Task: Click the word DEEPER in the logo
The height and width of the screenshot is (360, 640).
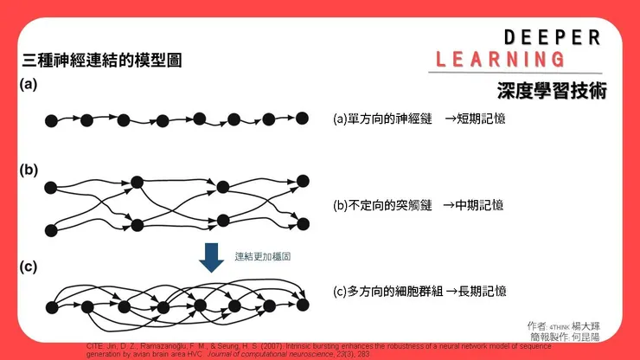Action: pos(552,37)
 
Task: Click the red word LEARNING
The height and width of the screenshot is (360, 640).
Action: pos(501,60)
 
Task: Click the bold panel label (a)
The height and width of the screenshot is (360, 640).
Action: pos(29,85)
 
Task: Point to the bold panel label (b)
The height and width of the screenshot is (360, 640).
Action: pos(29,170)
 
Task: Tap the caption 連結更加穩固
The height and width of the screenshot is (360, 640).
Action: pos(262,256)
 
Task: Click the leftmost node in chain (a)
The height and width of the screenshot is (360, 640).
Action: pos(50,119)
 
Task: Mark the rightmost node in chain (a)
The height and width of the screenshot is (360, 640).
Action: pos(303,118)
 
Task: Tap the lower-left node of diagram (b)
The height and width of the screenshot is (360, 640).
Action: pos(50,229)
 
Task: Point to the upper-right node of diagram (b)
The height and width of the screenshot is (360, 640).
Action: pos(303,181)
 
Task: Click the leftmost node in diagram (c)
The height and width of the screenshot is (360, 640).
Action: pos(50,305)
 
